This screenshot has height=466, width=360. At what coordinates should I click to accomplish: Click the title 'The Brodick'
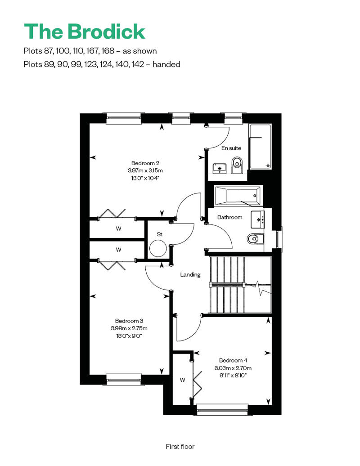85,31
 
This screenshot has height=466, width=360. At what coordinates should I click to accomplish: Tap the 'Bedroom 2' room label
145,163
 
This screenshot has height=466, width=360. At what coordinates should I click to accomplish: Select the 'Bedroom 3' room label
129,321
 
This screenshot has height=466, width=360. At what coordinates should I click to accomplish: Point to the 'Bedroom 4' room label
233,360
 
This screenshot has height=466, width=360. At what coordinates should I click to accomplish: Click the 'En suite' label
231,148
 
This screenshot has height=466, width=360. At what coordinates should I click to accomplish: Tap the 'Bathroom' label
230,217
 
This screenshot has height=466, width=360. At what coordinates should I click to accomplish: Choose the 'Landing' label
190,274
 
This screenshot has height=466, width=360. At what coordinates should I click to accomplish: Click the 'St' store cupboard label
160,234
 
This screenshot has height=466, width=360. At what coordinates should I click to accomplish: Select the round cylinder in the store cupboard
158,248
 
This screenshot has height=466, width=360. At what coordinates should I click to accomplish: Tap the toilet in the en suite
237,165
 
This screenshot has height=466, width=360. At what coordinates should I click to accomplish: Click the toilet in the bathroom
255,239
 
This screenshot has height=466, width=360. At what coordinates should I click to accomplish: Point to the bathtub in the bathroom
238,196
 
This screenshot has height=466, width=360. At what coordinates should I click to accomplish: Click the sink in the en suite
220,169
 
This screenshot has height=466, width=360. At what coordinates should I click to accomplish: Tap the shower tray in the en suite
260,147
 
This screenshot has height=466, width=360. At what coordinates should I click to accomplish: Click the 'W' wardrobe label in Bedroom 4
183,380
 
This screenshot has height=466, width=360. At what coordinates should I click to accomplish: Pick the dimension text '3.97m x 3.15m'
145,170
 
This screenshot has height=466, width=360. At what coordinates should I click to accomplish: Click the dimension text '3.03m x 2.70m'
233,368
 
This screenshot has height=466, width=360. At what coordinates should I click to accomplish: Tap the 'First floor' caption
180,446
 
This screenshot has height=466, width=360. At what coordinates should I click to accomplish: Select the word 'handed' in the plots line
166,64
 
